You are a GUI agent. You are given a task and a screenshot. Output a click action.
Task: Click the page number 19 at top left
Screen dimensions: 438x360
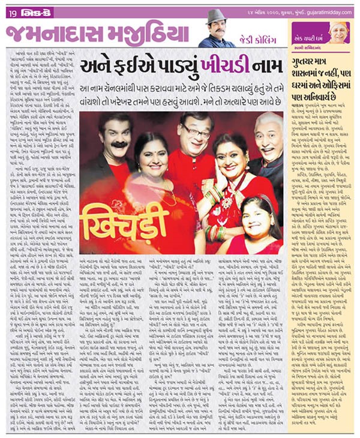[x=13, y=11]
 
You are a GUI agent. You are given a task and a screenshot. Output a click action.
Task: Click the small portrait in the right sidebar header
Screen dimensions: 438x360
[x=339, y=31]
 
